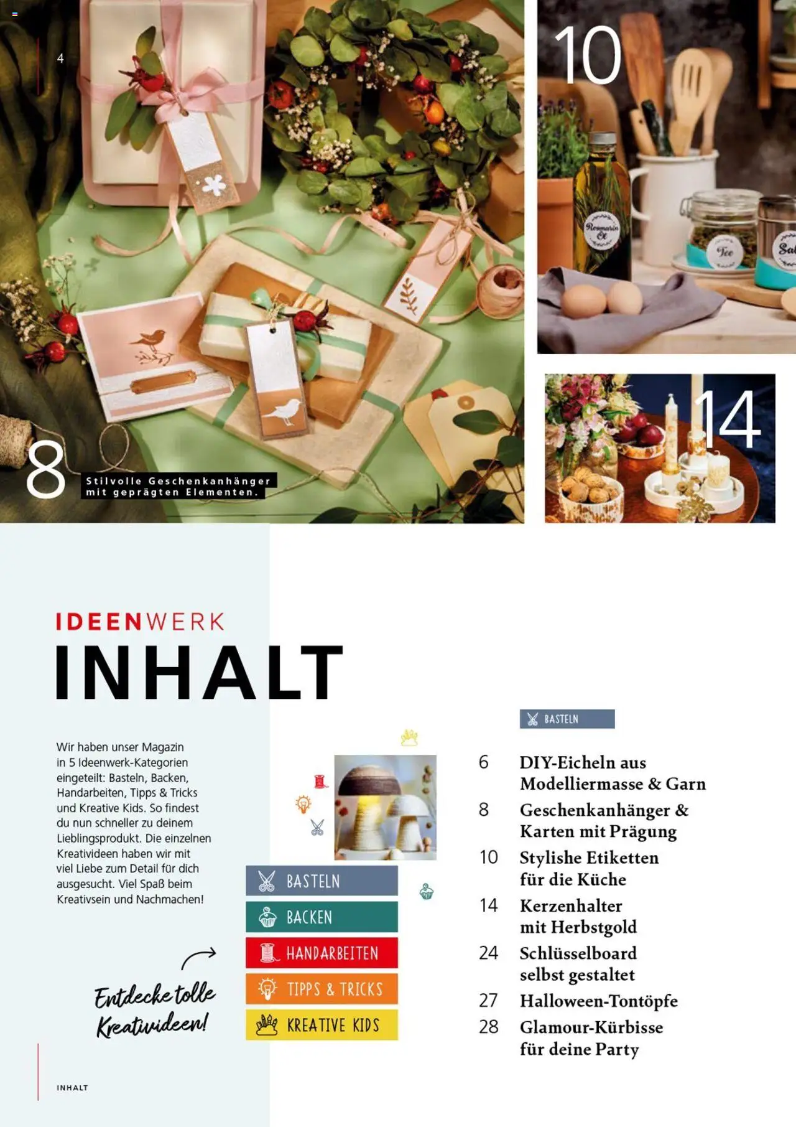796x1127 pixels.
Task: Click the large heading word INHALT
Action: [x=199, y=673]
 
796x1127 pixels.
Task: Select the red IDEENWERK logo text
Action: [x=140, y=622]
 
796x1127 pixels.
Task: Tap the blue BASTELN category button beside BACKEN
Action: [x=322, y=881]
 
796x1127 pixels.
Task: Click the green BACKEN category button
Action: [x=322, y=917]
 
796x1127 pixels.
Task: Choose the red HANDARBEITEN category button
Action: [x=322, y=953]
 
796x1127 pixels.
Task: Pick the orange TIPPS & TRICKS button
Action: [x=322, y=989]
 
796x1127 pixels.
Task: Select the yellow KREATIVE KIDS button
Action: [x=322, y=1025]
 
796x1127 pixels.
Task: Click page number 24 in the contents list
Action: [x=488, y=953]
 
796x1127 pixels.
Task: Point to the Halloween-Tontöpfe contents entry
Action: [x=598, y=1001]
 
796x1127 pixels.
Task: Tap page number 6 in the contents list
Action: [x=484, y=762]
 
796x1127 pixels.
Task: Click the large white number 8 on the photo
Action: [x=45, y=470]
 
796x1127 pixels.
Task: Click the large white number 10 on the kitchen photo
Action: [x=588, y=56]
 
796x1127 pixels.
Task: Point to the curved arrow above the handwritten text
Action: [x=199, y=957]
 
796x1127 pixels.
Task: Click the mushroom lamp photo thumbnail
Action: [x=385, y=807]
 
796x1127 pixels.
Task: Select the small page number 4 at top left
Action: [x=60, y=58]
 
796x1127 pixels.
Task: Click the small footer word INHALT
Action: [x=72, y=1088]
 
